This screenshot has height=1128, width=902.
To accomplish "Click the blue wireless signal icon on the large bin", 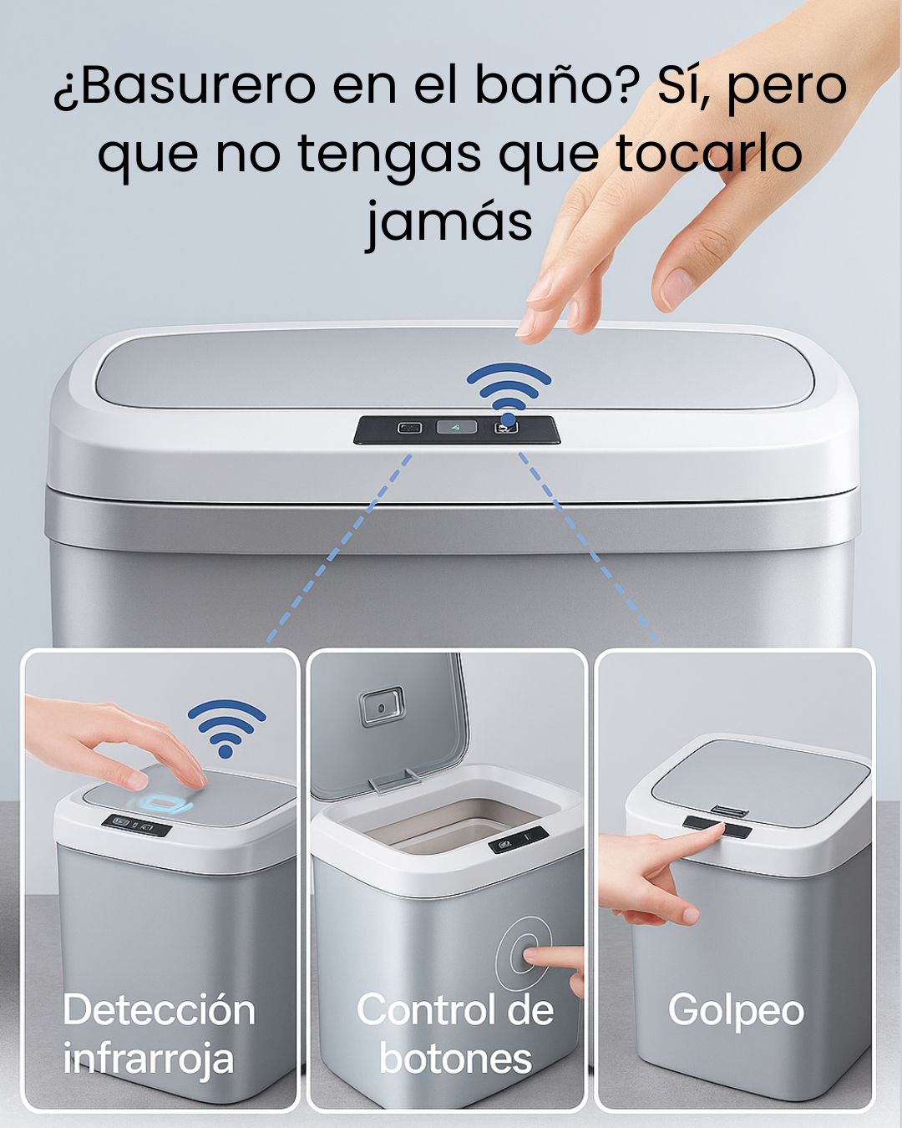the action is pos(509,393).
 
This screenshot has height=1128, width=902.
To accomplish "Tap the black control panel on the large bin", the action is pos(457,429).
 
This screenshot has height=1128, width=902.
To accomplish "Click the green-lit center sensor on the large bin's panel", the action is pos(457,427).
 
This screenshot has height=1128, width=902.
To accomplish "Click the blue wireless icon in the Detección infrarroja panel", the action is pos(226,729).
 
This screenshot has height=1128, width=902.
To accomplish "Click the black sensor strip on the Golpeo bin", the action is pos(717,828).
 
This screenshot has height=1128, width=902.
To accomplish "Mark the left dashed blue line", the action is pos(338,548).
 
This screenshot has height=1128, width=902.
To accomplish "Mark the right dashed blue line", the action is pos(589,546).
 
